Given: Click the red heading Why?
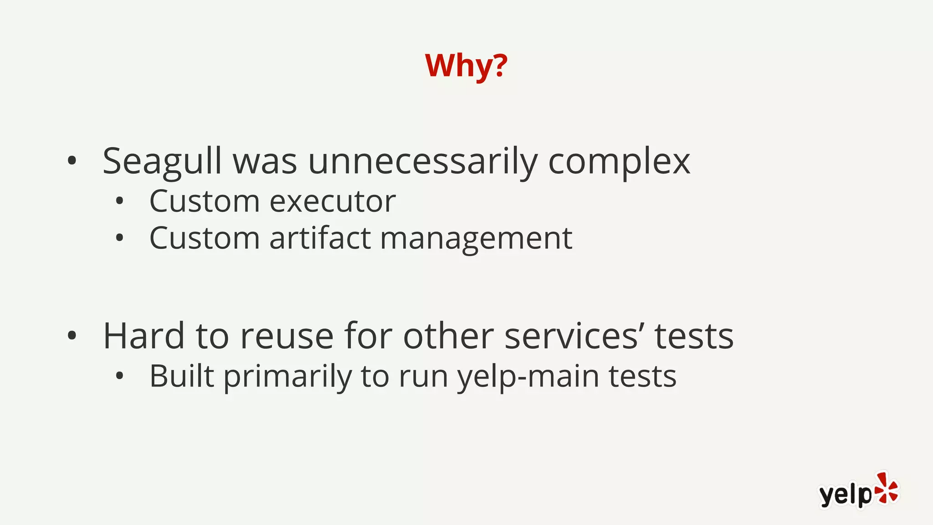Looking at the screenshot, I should (x=466, y=66).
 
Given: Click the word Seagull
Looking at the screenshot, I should (x=162, y=162).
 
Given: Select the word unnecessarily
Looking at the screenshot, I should (x=422, y=162).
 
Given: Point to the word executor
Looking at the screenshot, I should (x=333, y=201).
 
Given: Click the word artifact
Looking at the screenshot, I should (x=320, y=238).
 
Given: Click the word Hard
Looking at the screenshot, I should (x=144, y=336).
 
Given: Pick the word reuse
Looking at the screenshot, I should (x=287, y=336).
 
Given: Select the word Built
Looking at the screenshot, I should (x=181, y=376).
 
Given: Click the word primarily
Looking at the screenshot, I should (x=287, y=377).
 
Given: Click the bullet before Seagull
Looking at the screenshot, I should (x=72, y=161).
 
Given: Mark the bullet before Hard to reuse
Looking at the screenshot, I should (x=72, y=336).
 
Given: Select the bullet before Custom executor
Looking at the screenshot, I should (x=119, y=201).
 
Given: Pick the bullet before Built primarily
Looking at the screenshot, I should (x=119, y=376).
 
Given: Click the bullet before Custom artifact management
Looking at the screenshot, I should (x=119, y=238).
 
